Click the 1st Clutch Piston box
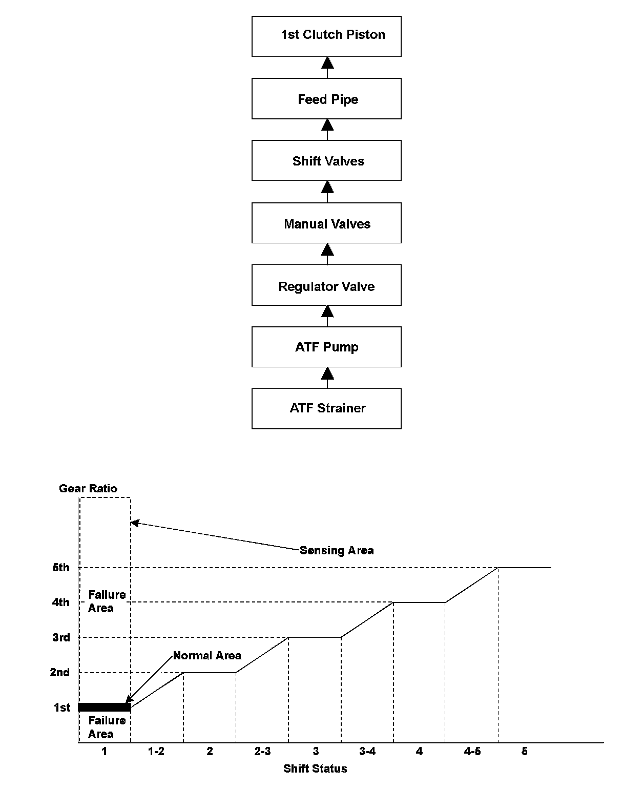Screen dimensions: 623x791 (x=326, y=36)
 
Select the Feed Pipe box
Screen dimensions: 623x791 (x=326, y=98)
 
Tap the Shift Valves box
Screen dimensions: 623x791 (x=326, y=160)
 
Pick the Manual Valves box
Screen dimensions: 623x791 (x=326, y=223)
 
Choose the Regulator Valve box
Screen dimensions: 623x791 (x=326, y=285)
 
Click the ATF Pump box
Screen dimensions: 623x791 (x=326, y=347)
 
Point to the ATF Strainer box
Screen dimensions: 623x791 (x=326, y=408)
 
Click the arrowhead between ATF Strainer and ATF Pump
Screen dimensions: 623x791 (x=327, y=373)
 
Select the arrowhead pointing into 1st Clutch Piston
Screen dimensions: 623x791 (x=327, y=63)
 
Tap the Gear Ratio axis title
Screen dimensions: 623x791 (x=88, y=488)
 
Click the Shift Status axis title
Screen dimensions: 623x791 (x=315, y=768)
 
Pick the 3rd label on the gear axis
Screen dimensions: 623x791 (x=61, y=637)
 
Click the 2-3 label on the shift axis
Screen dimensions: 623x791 (x=262, y=752)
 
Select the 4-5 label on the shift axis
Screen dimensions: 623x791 (x=472, y=752)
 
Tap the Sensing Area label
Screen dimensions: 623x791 (x=337, y=550)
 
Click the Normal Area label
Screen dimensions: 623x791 (x=207, y=656)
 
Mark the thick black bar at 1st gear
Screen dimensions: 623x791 (x=105, y=707)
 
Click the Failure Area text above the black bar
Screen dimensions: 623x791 (x=107, y=601)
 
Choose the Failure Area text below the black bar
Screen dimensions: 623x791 (x=107, y=727)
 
